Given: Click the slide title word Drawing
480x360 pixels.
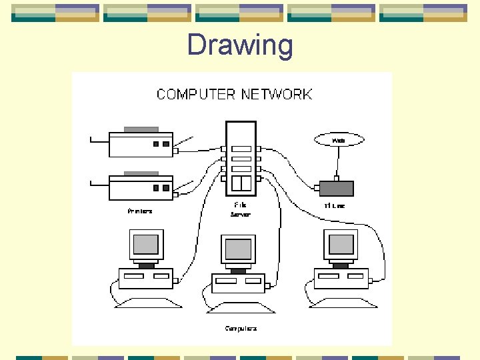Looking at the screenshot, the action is [x=240, y=45].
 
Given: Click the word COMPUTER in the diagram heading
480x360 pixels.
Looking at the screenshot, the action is [x=196, y=94].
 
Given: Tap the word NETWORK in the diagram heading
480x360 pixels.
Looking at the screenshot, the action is [x=277, y=94].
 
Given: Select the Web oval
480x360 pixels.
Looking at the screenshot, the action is [x=339, y=140].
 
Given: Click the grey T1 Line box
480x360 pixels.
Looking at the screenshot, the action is [x=337, y=188].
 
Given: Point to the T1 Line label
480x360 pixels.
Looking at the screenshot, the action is [x=335, y=206].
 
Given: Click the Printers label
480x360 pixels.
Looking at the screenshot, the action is [x=140, y=211].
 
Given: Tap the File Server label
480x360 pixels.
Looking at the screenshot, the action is [x=240, y=209].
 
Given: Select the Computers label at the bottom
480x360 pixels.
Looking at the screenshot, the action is [x=241, y=328].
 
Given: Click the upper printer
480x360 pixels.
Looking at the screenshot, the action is [x=141, y=143].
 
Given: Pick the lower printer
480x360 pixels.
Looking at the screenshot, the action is [x=141, y=187].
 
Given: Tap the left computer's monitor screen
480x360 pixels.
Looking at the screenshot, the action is [x=146, y=245].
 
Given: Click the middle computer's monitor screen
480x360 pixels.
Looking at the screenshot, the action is [x=239, y=249].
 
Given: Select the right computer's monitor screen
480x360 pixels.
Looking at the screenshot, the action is [x=341, y=245].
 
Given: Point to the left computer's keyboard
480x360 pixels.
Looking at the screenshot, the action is [x=145, y=302].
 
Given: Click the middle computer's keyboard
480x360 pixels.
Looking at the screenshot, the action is [x=238, y=307].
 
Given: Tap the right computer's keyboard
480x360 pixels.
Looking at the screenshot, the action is [x=340, y=302].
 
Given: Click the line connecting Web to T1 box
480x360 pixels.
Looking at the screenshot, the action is [x=338, y=161].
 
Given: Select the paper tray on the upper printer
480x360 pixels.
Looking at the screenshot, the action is [x=141, y=129].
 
